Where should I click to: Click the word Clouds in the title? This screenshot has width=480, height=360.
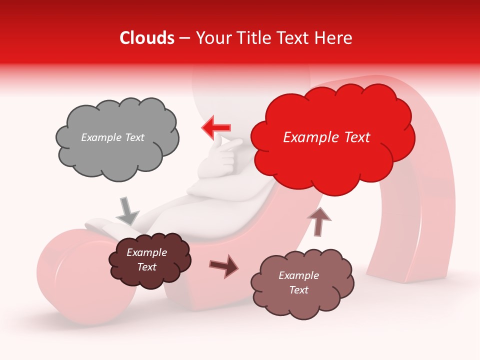point(147,38)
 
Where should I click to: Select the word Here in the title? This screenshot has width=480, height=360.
point(335,38)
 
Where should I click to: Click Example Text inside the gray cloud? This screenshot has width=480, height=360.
point(112,137)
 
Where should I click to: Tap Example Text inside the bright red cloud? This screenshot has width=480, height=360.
point(326,137)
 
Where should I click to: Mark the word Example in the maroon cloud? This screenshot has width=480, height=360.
point(146,252)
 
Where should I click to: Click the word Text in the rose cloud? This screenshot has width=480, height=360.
point(298,290)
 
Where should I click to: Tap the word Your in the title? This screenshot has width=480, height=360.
point(212,38)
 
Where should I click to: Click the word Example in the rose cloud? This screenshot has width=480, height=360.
point(298,275)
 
